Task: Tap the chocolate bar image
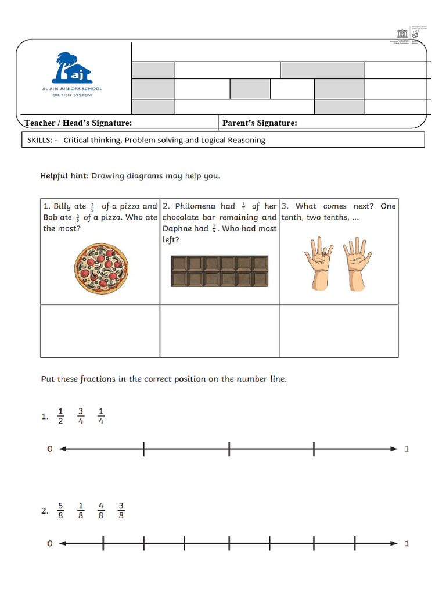tap(220, 271)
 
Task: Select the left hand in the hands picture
tap(319, 264)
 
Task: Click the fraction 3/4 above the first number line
tap(81, 416)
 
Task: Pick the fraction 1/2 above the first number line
tap(61, 416)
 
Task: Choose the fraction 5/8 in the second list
tap(61, 511)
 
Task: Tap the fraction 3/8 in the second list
tap(121, 511)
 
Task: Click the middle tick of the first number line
tap(229, 449)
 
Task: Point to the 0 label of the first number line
tap(50, 449)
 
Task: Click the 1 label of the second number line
tap(407, 543)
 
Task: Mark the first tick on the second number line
tap(103, 543)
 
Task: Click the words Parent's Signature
tap(260, 123)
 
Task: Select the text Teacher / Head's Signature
tap(78, 123)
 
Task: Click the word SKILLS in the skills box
tap(39, 140)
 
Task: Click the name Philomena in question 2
tap(196, 206)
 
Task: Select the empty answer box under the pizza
tap(100, 331)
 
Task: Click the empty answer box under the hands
tap(339, 331)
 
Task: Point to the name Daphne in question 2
tap(178, 228)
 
